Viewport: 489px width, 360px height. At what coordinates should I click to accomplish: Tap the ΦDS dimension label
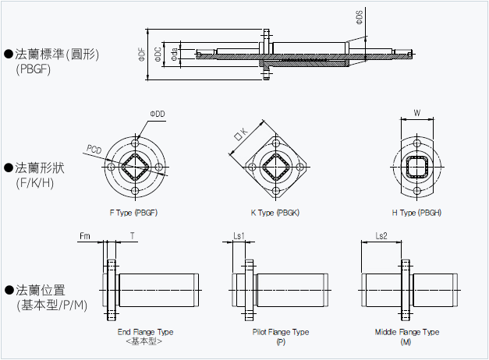click(x=359, y=18)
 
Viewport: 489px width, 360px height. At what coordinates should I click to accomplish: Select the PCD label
click(x=94, y=148)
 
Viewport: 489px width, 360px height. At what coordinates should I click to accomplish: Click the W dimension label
click(x=417, y=114)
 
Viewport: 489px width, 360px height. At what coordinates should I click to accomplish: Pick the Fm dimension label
click(x=84, y=235)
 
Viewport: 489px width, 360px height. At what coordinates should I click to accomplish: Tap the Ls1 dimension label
click(x=239, y=235)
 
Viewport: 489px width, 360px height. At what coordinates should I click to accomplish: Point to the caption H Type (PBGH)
click(x=417, y=213)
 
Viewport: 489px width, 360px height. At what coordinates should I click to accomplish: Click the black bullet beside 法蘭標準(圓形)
click(x=9, y=54)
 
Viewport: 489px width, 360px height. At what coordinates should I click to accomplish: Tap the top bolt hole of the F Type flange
click(x=135, y=145)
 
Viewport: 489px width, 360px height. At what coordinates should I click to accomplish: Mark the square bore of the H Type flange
click(x=417, y=166)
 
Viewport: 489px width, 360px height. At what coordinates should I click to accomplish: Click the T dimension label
click(x=133, y=235)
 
